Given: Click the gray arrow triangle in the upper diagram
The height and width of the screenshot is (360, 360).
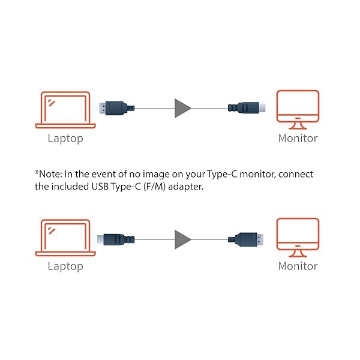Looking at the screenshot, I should click(x=182, y=109).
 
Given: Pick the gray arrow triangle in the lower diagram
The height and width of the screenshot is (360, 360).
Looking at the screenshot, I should click(x=182, y=239).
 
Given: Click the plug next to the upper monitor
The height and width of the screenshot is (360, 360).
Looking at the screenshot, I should click(x=246, y=109).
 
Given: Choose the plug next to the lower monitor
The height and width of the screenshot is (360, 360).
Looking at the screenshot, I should click(x=247, y=239).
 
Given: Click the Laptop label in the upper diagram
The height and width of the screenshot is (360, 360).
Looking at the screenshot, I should click(x=65, y=139).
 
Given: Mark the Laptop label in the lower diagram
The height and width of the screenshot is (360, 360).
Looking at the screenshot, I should click(x=65, y=266).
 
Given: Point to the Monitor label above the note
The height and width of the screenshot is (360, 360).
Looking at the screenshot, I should click(x=298, y=139).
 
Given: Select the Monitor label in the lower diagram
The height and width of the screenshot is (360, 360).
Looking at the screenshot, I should click(x=298, y=266).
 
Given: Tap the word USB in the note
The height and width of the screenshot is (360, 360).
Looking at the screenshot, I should click(x=100, y=187).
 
